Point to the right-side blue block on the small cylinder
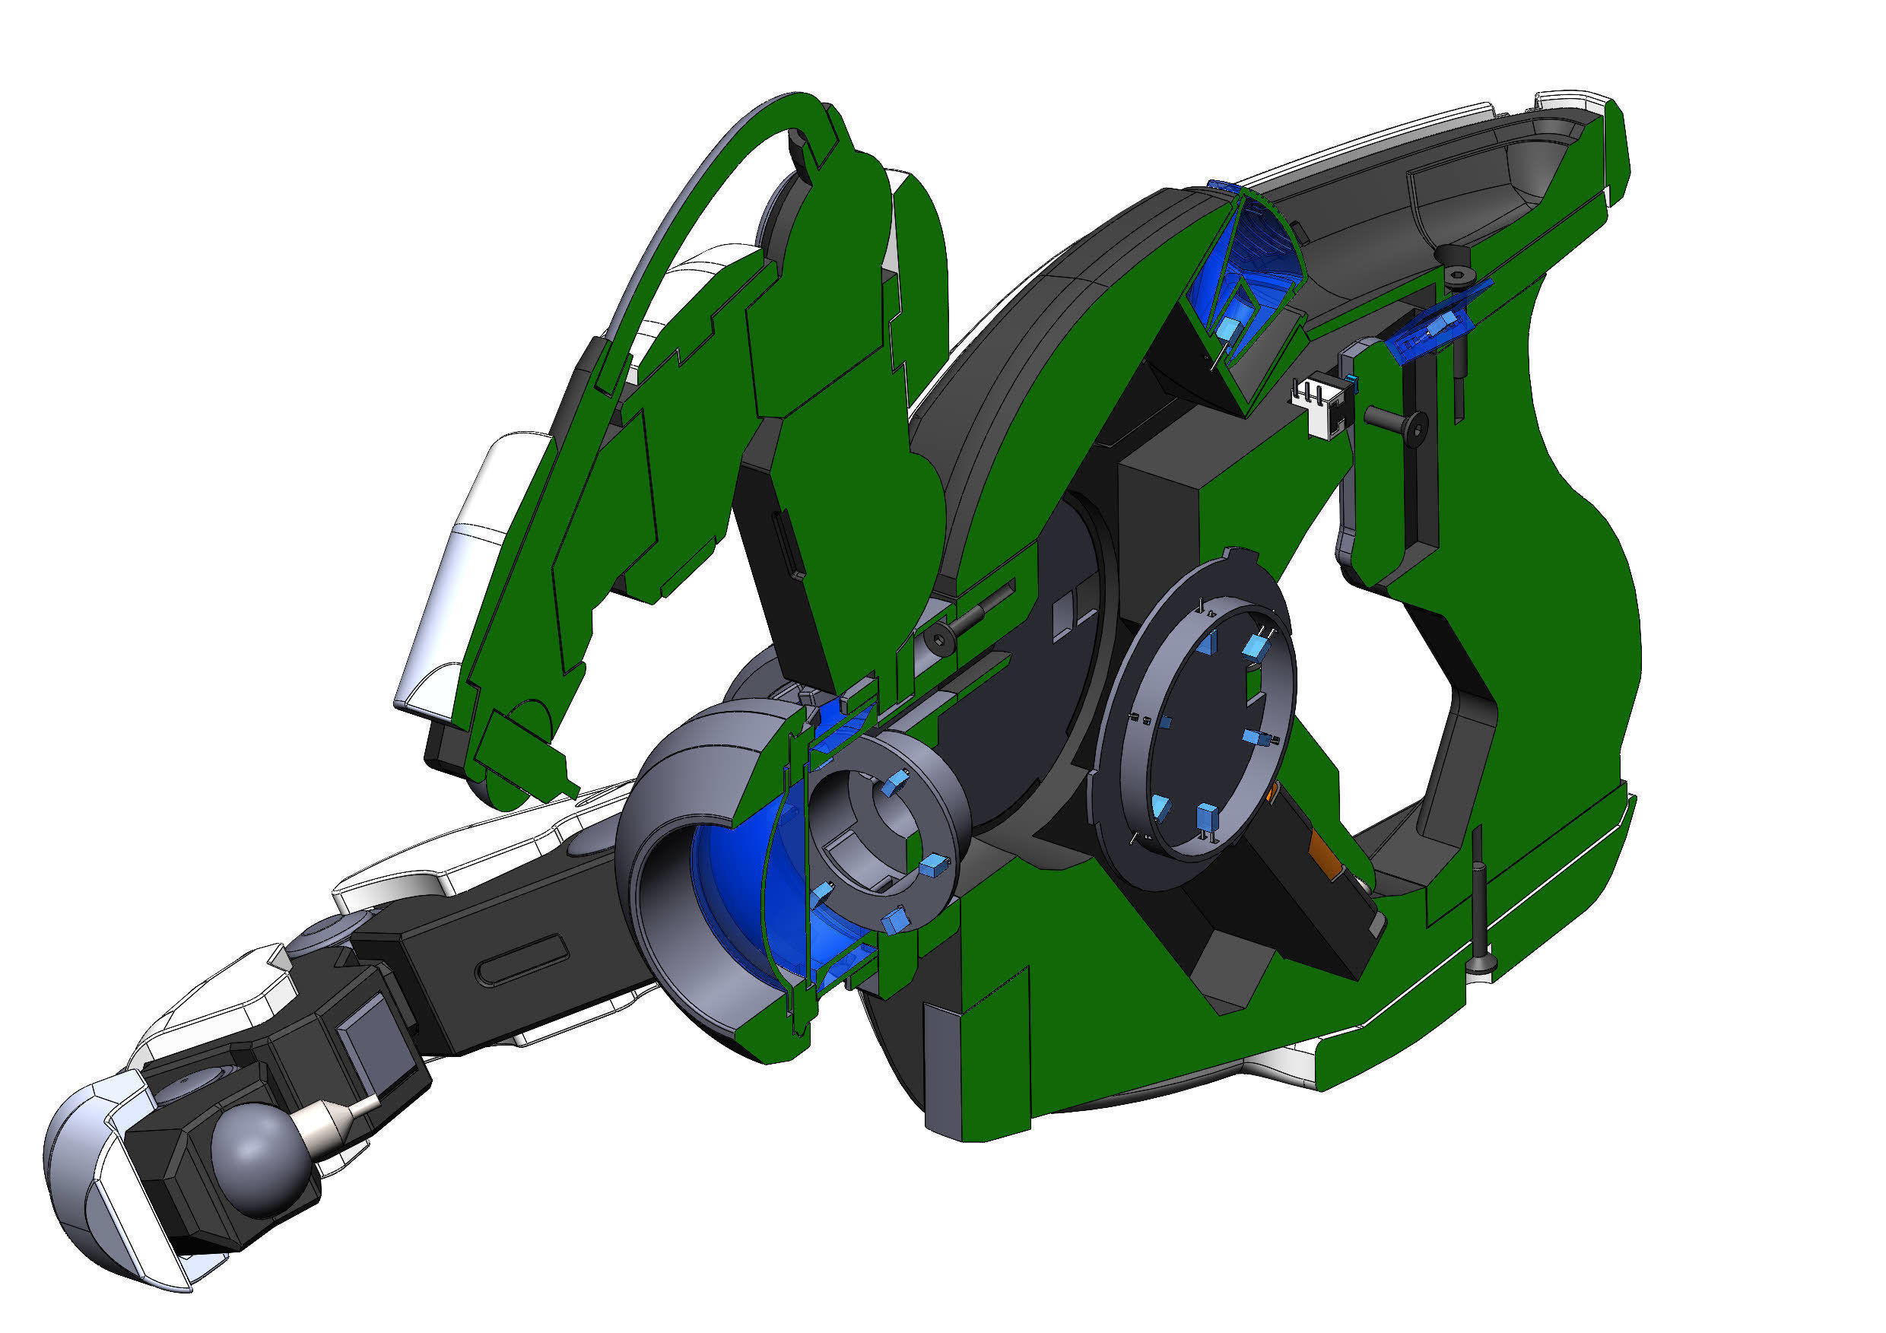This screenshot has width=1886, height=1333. (x=933, y=867)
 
